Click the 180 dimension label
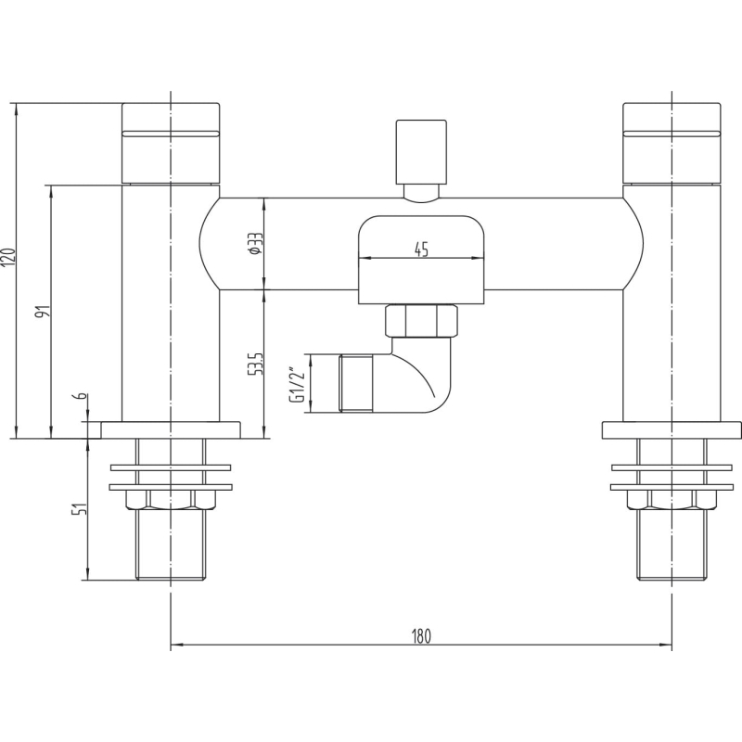(x=421, y=635)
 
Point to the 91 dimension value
(x=45, y=312)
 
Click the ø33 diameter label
(x=256, y=244)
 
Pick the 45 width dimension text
(x=421, y=249)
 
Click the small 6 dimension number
(x=82, y=396)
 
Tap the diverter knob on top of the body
(x=421, y=152)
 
